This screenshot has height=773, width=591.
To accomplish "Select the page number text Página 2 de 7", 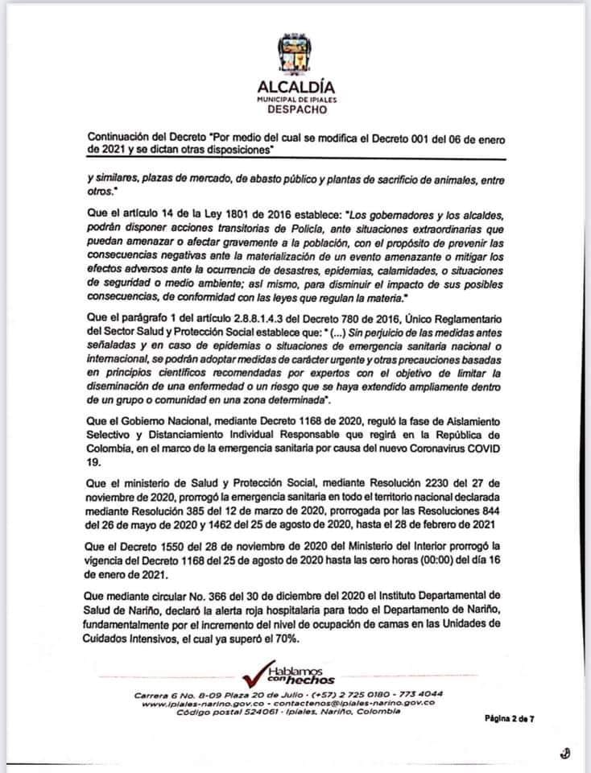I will pyautogui.click(x=510, y=717).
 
